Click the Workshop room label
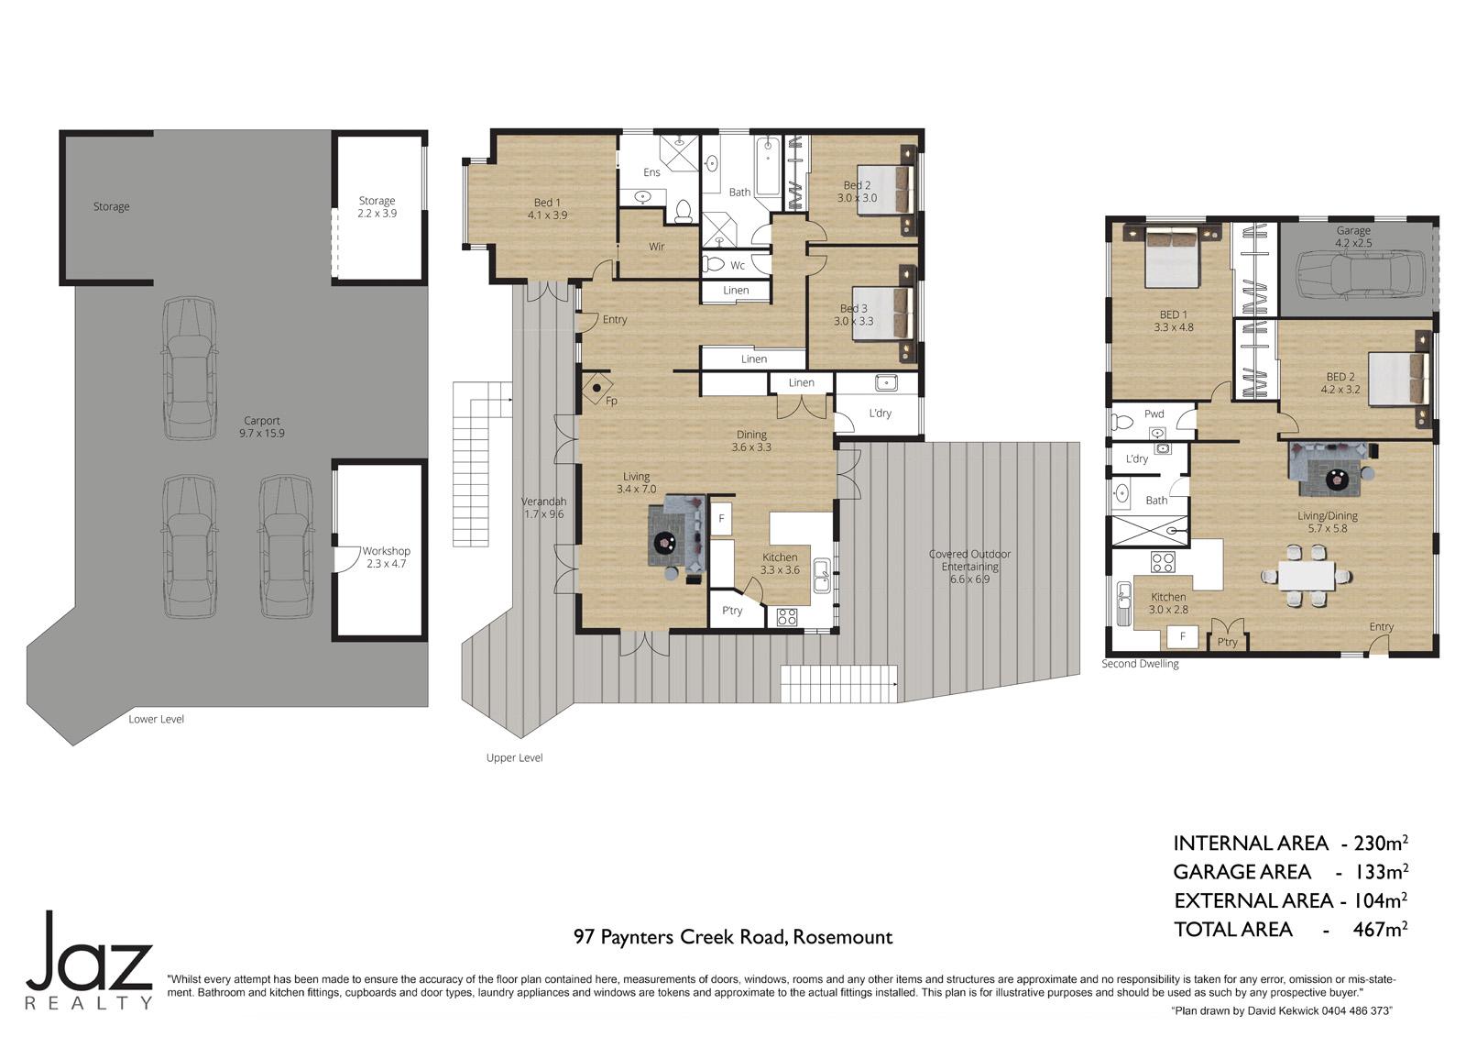[386, 557]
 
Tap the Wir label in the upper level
[656, 247]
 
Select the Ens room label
[651, 172]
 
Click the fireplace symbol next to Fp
[596, 388]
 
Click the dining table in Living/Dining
[1306, 576]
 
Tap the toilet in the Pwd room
[1122, 422]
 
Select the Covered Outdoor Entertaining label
[969, 567]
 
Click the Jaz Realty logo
[89, 960]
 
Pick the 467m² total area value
[1380, 929]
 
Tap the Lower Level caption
[156, 719]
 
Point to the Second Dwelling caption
[1140, 664]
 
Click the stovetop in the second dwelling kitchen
[1162, 561]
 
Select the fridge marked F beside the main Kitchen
[721, 519]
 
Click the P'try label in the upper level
[732, 611]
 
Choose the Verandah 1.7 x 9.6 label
[543, 508]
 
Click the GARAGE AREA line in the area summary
[1290, 872]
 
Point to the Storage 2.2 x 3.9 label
[377, 207]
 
